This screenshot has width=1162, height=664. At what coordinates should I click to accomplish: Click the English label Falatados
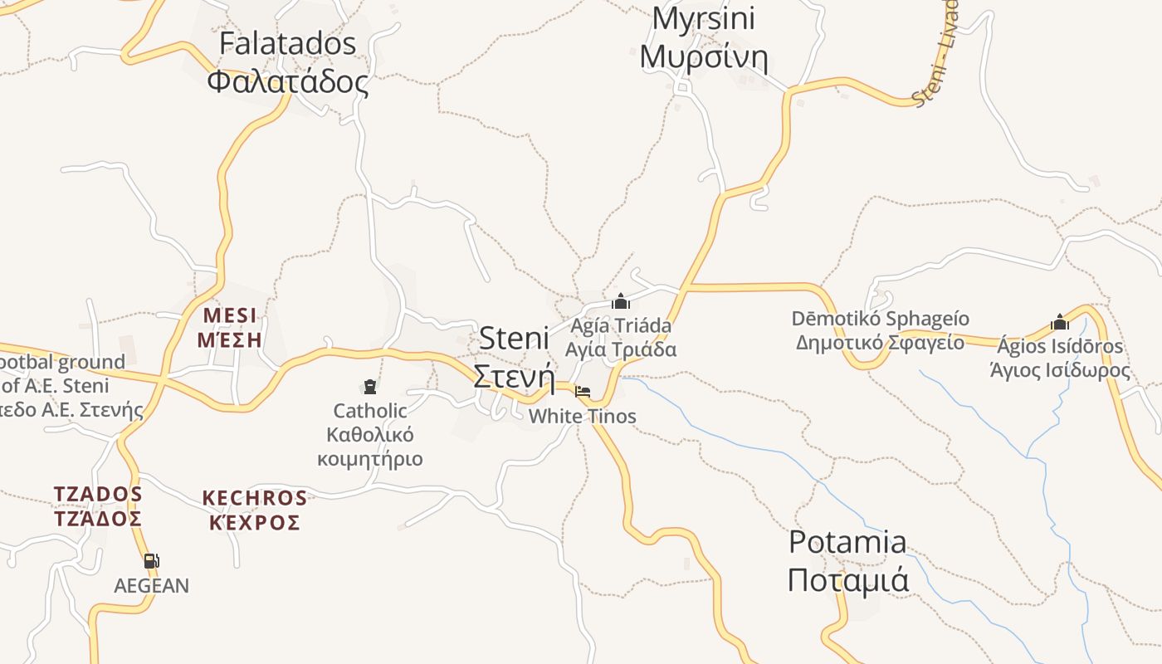tap(287, 44)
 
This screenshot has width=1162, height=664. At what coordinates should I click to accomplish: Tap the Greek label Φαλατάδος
tap(287, 82)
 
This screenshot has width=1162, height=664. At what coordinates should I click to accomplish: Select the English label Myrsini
tap(703, 18)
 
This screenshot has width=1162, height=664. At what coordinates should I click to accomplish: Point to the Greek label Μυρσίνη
tap(704, 57)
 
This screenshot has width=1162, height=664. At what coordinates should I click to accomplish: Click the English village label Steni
tap(515, 338)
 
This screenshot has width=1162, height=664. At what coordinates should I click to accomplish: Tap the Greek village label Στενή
tap(514, 376)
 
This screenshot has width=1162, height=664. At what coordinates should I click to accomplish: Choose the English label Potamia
tap(847, 542)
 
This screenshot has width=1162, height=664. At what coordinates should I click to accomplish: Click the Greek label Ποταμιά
tap(847, 580)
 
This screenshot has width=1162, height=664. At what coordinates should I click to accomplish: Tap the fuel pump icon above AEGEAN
tap(151, 561)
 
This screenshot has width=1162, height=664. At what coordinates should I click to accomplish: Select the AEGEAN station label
tap(152, 586)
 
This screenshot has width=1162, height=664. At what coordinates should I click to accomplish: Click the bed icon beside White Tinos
tap(583, 392)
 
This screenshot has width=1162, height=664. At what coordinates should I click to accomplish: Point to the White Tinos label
tap(583, 417)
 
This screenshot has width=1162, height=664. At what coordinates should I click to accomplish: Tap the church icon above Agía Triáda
tap(621, 301)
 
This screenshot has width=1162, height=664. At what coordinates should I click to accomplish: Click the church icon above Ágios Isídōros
tap(1060, 321)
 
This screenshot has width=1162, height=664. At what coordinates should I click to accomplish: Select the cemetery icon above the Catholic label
tap(370, 386)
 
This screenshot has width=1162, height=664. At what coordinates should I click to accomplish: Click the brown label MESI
tap(230, 316)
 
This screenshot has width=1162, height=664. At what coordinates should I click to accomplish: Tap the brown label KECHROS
tap(255, 499)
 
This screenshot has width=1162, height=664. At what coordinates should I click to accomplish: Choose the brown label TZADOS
tap(98, 495)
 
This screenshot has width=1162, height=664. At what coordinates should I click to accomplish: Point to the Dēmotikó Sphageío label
tap(880, 320)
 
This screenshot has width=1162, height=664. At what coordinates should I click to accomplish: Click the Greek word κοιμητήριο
tap(370, 459)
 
